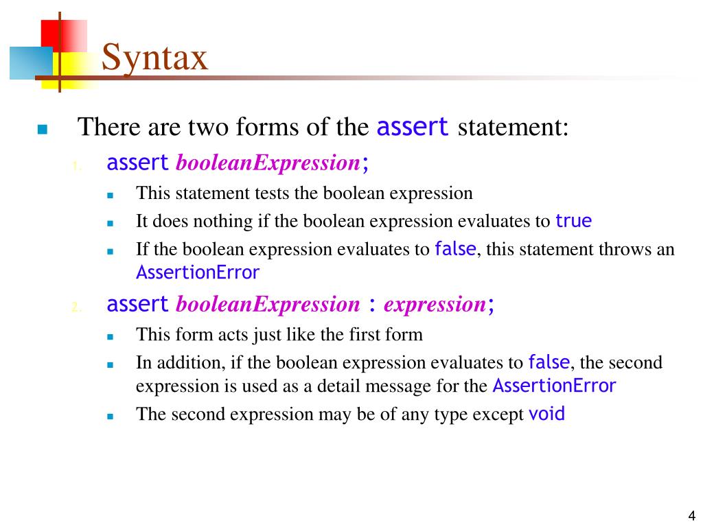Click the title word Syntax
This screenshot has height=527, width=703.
pyautogui.click(x=154, y=57)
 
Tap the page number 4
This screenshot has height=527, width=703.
pyautogui.click(x=691, y=516)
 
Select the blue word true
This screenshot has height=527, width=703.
pyautogui.click(x=573, y=221)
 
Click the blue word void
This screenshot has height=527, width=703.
pyautogui.click(x=546, y=414)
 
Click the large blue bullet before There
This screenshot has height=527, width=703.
pyautogui.click(x=43, y=129)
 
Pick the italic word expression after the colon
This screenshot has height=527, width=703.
pyautogui.click(x=434, y=304)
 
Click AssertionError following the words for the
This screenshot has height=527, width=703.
pyautogui.click(x=554, y=386)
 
